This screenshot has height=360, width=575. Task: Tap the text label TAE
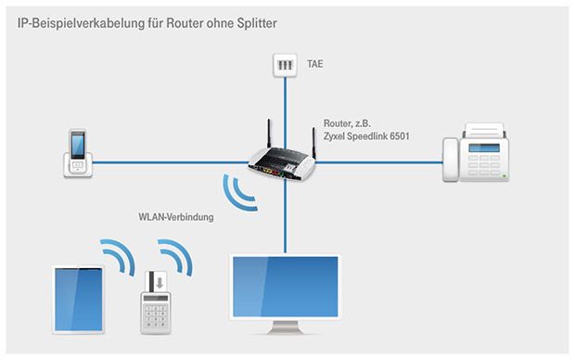coord(315,66)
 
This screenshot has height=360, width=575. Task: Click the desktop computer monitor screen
coord(285,285)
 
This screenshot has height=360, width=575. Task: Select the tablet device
coord(78,299)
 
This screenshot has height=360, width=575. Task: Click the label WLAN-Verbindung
coord(175,218)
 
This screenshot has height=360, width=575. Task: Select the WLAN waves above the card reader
coord(173,255)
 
